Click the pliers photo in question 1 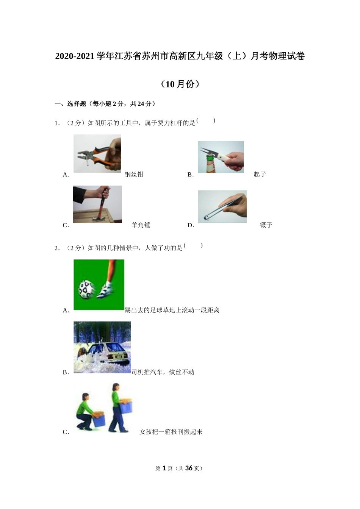[97, 153]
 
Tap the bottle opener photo [221, 157]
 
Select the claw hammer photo [97, 204]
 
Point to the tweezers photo [222, 206]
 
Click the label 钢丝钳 [134, 174]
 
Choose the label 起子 [260, 174]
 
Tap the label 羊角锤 [141, 225]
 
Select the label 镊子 [266, 225]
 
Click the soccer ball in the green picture [86, 289]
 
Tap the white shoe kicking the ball [105, 291]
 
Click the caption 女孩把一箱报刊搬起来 [171, 432]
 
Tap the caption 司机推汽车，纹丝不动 [163, 372]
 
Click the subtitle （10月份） [180, 84]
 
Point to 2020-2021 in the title [75, 56]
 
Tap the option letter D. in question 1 [191, 225]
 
